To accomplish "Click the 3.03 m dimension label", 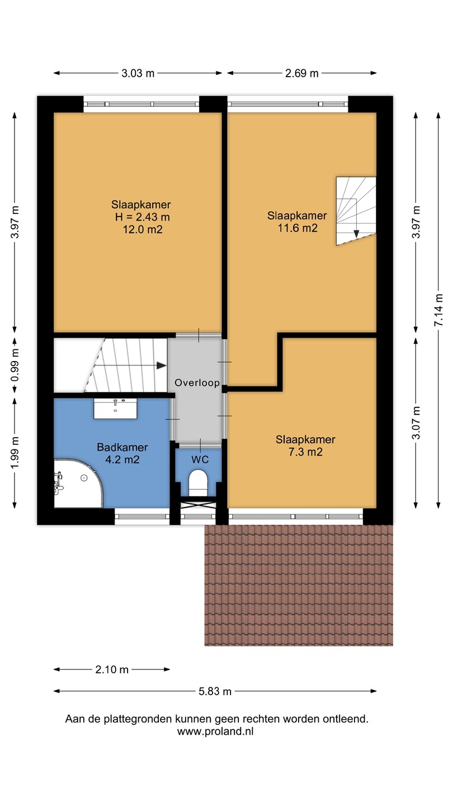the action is [138, 73].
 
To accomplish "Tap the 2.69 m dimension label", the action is [301, 73].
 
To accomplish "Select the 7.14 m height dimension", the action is [438, 310].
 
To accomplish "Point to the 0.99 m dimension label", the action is [15, 365].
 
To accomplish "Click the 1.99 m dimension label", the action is [15, 453].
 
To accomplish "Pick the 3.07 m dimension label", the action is [416, 423].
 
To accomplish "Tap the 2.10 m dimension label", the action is [112, 669].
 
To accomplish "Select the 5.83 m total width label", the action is [215, 691].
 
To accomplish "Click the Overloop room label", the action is [197, 382].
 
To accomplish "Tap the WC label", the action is [200, 460].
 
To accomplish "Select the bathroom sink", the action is [115, 409].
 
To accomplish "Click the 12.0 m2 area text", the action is [143, 229].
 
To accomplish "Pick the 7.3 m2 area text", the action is [305, 452].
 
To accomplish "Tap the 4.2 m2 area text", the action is [122, 460].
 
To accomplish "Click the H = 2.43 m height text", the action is [143, 217].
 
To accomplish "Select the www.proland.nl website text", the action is [215, 731].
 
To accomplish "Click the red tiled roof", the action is [299, 585].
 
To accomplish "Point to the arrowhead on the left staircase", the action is [162, 365].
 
